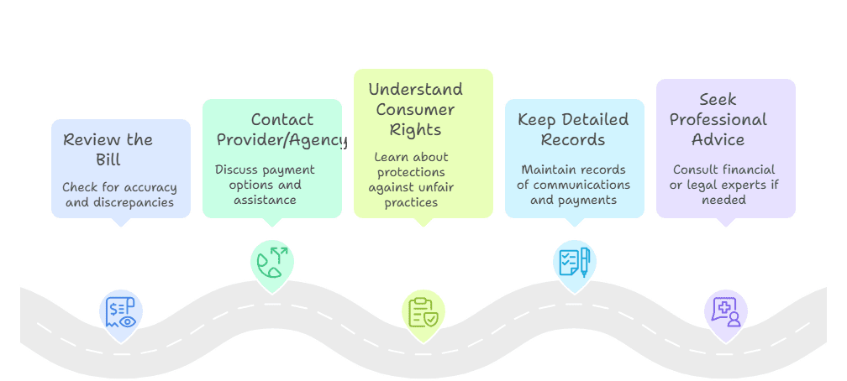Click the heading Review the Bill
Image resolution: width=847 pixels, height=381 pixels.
pyautogui.click(x=108, y=149)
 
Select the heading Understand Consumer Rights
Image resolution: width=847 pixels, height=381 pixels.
pyautogui.click(x=415, y=109)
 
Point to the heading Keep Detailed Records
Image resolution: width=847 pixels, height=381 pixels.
pyautogui.click(x=573, y=128)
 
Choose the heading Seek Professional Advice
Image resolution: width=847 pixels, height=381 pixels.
pyautogui.click(x=718, y=119)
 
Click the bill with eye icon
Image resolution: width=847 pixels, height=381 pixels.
pyautogui.click(x=121, y=314)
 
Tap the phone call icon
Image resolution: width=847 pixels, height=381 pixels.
pyautogui.click(x=272, y=264)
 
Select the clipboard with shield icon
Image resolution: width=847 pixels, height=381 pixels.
pyautogui.click(x=423, y=311)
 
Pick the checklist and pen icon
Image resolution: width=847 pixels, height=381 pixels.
pyautogui.click(x=575, y=263)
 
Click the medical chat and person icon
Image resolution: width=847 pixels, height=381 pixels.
pyautogui.click(x=725, y=311)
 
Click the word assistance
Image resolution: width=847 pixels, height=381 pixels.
pyautogui.click(x=266, y=200)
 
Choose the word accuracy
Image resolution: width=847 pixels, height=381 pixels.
pyautogui.click(x=148, y=187)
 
